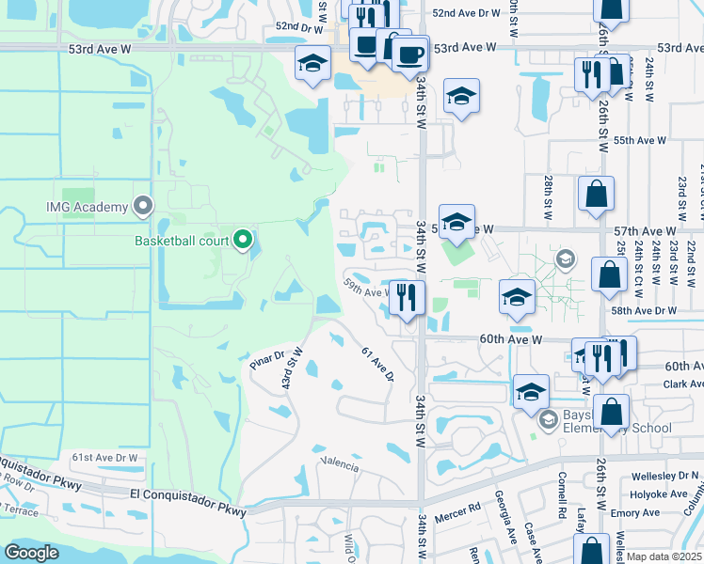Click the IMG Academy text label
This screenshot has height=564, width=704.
pos(87,207)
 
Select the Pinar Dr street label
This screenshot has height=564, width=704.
pos(266,357)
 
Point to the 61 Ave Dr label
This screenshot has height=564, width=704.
pos(376,364)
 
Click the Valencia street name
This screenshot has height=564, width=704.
pos(340,464)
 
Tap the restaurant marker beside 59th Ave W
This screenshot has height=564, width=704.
pos(406,298)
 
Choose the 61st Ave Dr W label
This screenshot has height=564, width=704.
pos(105,458)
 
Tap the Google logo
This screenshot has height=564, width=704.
pos(32,553)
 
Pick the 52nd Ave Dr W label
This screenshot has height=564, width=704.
pos(466,13)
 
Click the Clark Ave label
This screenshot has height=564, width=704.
pos(682,384)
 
